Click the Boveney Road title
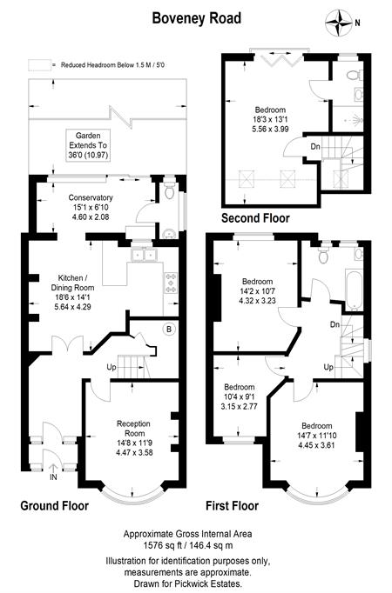click(196, 18)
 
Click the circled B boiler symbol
click(169, 329)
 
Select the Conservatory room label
click(91, 207)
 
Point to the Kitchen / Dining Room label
click(72, 292)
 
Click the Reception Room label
click(133, 438)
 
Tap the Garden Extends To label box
click(88, 145)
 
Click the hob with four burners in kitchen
click(171, 283)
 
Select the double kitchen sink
click(144, 255)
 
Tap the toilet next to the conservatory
click(169, 190)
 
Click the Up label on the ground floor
click(111, 367)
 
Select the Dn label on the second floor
click(315, 146)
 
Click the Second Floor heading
click(255, 218)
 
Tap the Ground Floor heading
click(55, 506)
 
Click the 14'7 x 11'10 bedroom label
click(316, 436)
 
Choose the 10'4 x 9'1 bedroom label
click(239, 396)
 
